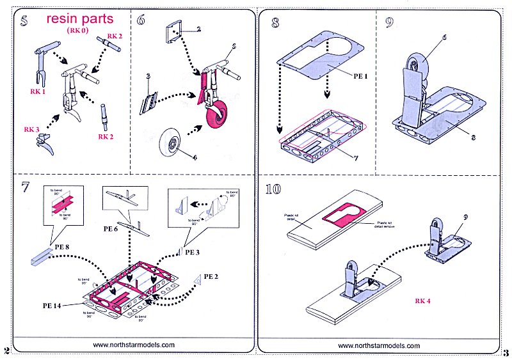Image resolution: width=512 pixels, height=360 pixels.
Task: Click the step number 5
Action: (x=24, y=20)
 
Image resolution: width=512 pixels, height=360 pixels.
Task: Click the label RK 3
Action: (x=32, y=129)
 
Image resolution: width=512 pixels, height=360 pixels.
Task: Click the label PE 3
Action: (x=193, y=252)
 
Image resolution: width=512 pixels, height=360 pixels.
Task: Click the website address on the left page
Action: (x=134, y=344)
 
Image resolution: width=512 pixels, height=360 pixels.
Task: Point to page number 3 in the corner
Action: (x=506, y=352)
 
